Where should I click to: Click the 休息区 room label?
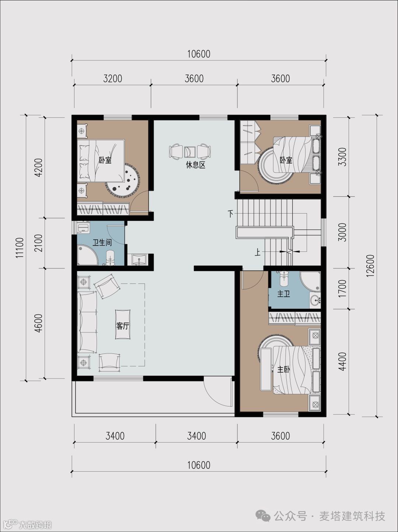[x=196, y=165]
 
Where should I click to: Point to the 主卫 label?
[x=283, y=294]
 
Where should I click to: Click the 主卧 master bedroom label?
[x=283, y=370]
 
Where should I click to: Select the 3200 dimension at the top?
[x=112, y=79]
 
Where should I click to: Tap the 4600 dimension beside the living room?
[x=39, y=323]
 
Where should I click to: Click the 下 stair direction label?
[x=230, y=214]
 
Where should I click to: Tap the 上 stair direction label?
[x=257, y=253]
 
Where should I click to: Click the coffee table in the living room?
[x=123, y=324]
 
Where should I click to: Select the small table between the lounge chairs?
[x=190, y=152]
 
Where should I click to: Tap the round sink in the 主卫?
[x=315, y=301]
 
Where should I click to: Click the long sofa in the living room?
[x=87, y=322]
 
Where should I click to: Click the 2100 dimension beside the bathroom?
[x=39, y=243]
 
